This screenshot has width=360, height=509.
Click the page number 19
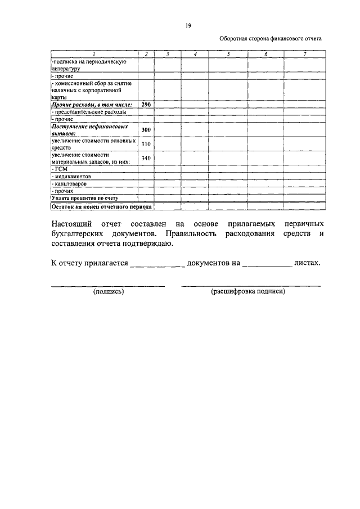[x=188, y=25]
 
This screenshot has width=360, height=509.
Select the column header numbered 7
[x=304, y=54]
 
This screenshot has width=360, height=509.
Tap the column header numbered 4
[x=195, y=54]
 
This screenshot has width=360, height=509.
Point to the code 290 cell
[x=146, y=105]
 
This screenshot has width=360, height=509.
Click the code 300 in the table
[x=146, y=130]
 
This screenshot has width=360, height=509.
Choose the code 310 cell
[x=146, y=144]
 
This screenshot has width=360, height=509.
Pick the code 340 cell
[x=146, y=158]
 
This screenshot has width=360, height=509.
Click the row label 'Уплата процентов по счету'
[x=85, y=198]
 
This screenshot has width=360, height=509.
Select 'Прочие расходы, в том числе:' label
[x=91, y=105]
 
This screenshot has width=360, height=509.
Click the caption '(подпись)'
[x=109, y=292]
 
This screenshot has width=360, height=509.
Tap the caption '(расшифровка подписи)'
[x=248, y=292]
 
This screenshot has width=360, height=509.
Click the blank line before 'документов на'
[x=157, y=264]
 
